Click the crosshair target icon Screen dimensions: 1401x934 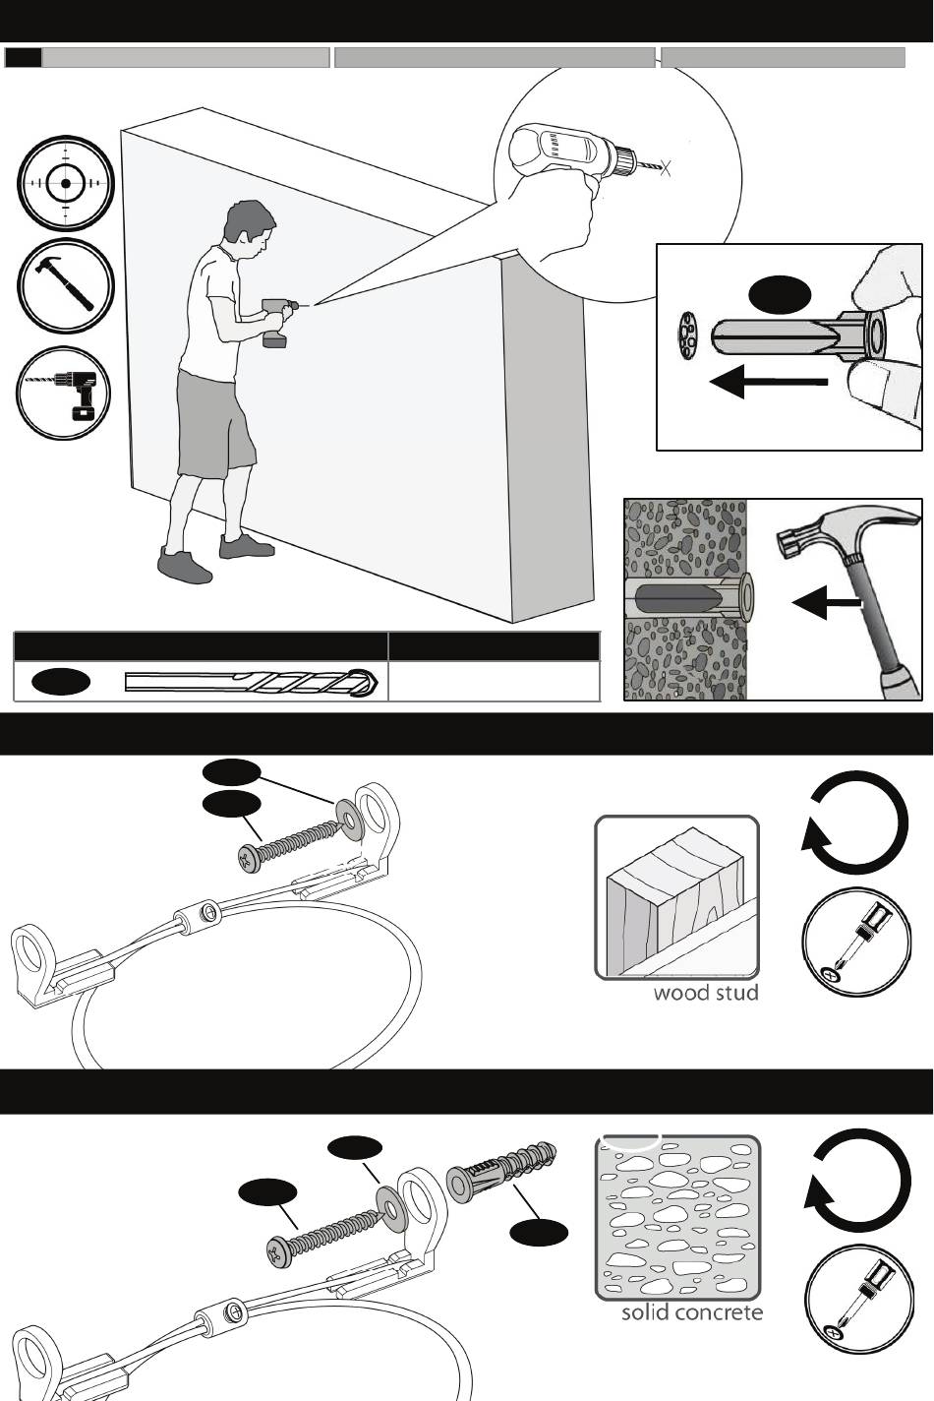[66, 184]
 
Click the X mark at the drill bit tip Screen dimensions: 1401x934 [666, 167]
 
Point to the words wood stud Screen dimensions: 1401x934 [706, 993]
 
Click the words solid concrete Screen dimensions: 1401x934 [691, 1312]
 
